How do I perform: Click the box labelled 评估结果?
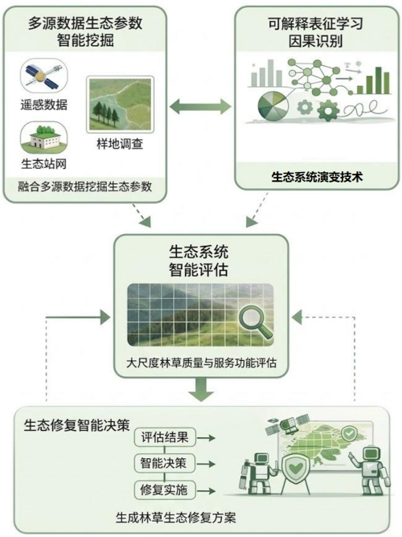click(164, 437)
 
